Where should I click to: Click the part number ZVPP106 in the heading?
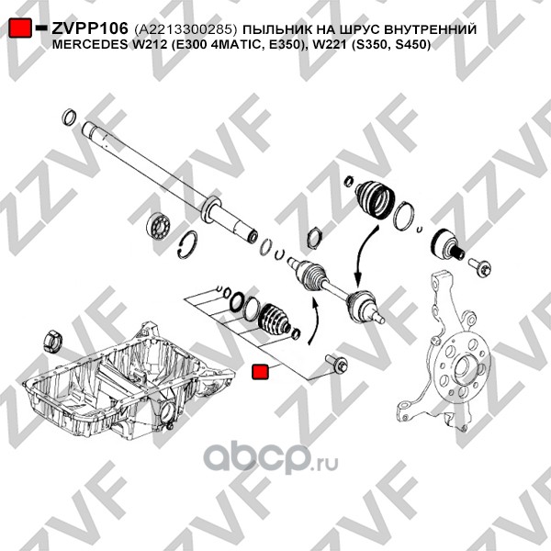click(90, 28)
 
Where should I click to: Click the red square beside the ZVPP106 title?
click(20, 28)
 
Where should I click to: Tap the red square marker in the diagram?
click(261, 372)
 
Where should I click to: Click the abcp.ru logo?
click(271, 459)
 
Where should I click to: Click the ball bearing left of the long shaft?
click(159, 225)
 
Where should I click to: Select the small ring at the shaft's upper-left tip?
click(69, 118)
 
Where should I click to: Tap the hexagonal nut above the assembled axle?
click(314, 238)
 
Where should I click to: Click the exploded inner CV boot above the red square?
click(275, 319)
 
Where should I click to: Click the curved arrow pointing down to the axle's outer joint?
click(362, 260)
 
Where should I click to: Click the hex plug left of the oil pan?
click(52, 341)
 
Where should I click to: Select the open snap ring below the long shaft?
click(187, 245)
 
